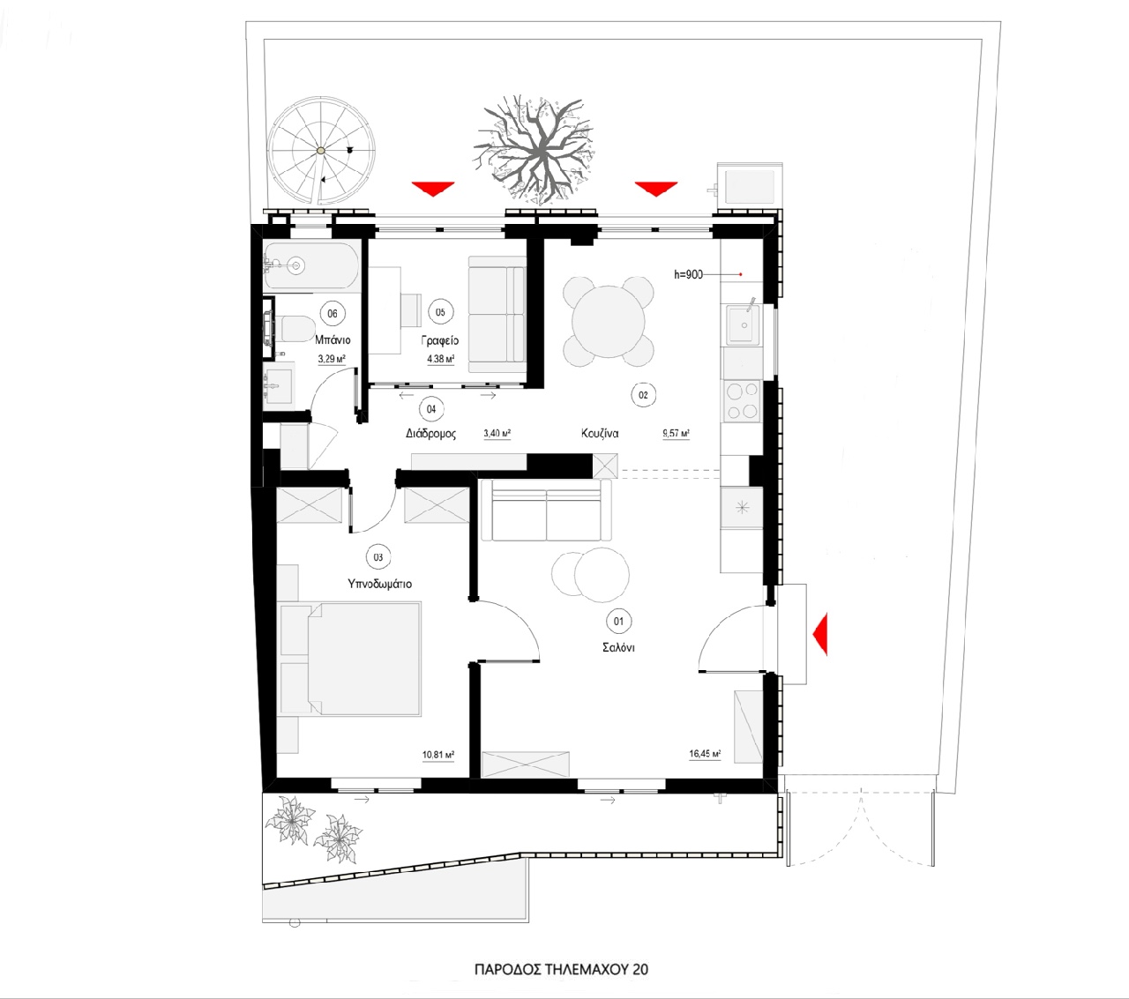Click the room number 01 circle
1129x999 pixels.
point(618,622)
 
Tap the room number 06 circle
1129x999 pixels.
point(333,314)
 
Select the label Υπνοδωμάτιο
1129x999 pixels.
point(379,584)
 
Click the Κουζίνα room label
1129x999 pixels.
point(600,433)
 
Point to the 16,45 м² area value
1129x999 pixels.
point(705,755)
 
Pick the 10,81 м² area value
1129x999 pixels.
point(438,756)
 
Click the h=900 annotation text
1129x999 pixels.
point(688,274)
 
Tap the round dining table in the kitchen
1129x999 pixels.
point(608,322)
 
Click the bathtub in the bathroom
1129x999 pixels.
point(311,266)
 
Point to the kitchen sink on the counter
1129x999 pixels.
point(744,324)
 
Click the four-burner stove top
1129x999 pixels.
point(743,400)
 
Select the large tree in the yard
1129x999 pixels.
point(534,149)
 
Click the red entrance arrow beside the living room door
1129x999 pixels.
point(819,633)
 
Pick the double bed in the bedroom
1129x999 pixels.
point(349,658)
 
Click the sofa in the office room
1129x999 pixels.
point(497,314)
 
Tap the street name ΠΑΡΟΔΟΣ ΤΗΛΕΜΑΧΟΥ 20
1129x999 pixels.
point(561,969)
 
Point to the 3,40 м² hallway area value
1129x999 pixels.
point(497,433)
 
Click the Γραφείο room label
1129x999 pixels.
point(439,340)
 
